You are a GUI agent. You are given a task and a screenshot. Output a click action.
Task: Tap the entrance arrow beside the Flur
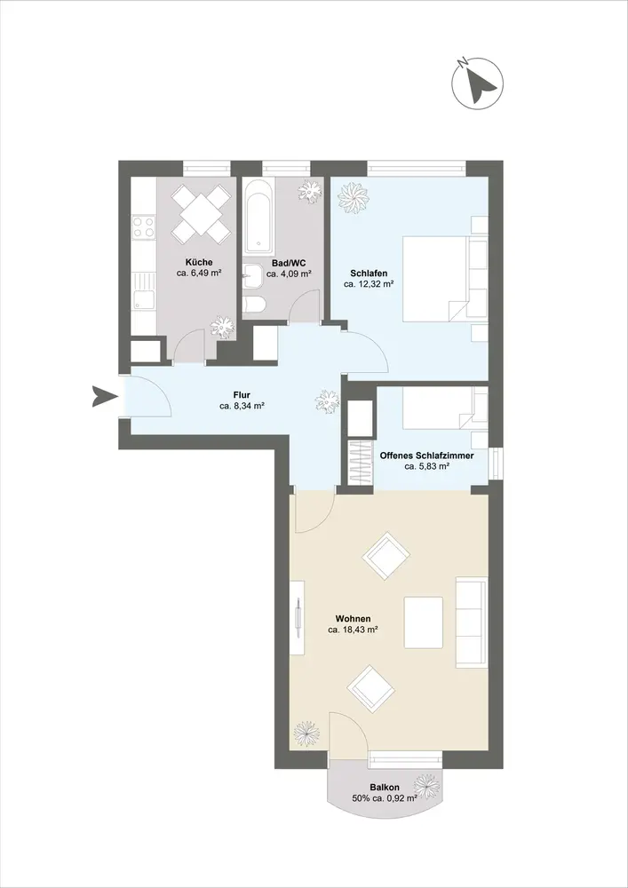104,396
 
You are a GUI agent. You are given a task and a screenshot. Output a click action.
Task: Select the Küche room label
199,262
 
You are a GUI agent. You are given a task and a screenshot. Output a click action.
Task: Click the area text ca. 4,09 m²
290,274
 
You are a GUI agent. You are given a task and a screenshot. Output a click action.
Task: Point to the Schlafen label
369,274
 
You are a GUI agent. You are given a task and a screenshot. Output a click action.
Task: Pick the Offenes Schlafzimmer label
427,456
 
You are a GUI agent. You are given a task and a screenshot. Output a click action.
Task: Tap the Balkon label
385,787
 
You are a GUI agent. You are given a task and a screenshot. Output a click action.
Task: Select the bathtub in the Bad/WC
258,217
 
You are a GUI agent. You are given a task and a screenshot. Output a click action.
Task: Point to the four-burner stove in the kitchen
144,226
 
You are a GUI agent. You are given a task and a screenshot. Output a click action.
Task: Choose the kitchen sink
144,290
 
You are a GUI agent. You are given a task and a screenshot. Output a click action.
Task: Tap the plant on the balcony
426,787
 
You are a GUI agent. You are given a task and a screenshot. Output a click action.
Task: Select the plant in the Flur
327,401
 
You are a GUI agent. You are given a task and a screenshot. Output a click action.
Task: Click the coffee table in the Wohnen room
424,622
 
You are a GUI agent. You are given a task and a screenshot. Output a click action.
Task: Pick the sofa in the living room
472,622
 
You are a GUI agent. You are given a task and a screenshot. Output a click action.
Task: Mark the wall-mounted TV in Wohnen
298,617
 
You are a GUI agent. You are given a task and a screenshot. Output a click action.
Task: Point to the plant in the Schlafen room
353,197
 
